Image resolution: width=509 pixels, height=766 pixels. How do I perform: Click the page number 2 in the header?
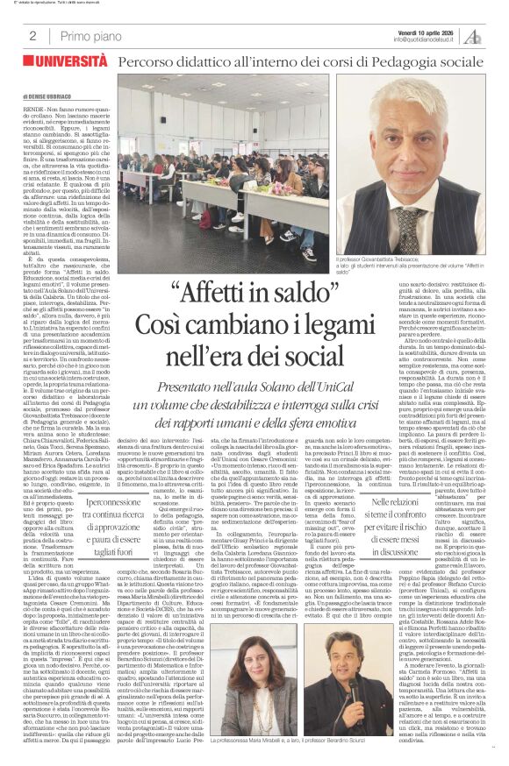(x=32, y=36)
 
